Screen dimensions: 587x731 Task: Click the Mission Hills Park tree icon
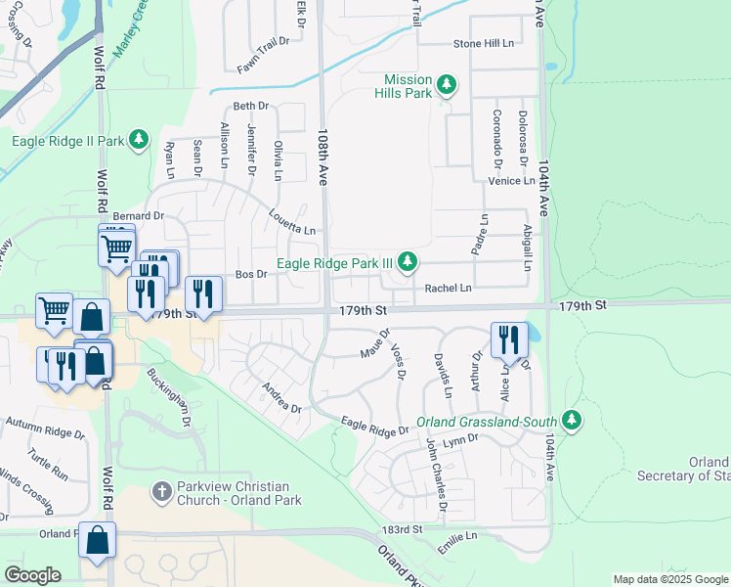447,85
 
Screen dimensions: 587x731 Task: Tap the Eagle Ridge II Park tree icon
139,141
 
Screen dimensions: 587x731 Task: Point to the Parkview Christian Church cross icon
164,487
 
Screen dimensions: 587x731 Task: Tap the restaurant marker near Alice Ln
509,340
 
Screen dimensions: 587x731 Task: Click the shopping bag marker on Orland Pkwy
98,541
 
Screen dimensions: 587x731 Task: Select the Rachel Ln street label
448,289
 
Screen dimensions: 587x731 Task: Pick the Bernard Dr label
138,215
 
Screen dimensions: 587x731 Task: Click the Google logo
33,574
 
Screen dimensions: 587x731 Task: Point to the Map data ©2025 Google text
669,579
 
